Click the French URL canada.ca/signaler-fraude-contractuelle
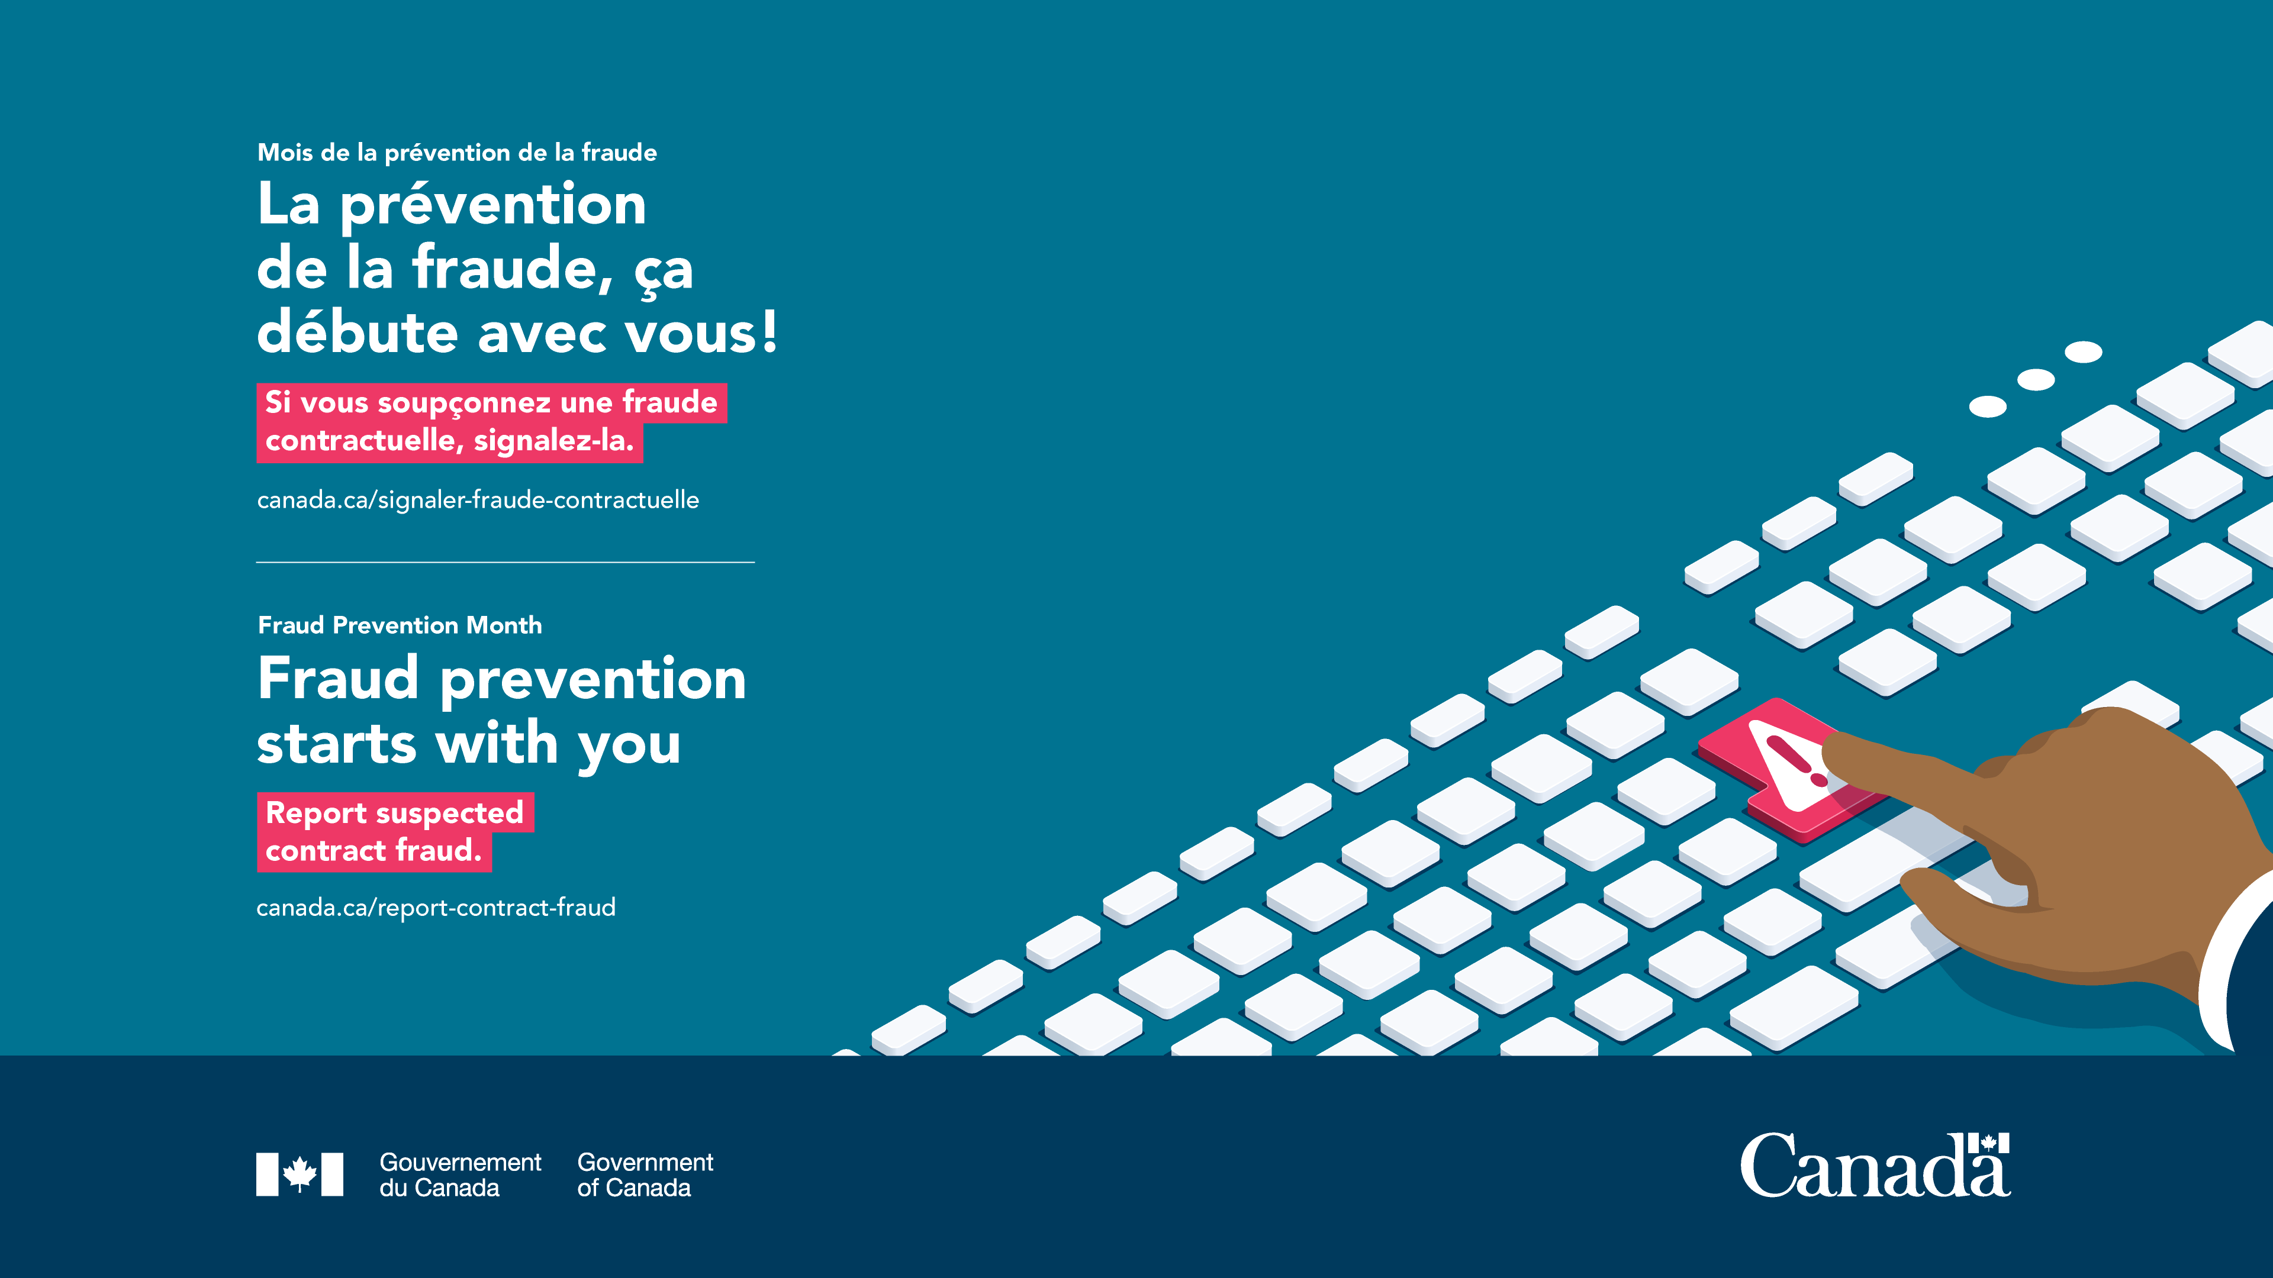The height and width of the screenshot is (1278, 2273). pos(477,500)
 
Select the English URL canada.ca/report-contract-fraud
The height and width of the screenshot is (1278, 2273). pos(436,908)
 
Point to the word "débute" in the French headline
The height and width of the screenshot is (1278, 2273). pos(358,333)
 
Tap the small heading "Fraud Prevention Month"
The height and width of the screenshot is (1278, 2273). pos(400,625)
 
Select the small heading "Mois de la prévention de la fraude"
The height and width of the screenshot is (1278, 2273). pos(457,153)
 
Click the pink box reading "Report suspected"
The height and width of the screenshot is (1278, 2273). pos(395,812)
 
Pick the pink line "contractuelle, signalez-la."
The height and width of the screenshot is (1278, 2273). pos(450,441)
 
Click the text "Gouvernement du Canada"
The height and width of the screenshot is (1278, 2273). pos(460,1175)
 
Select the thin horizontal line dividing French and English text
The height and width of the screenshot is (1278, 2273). pos(506,562)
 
